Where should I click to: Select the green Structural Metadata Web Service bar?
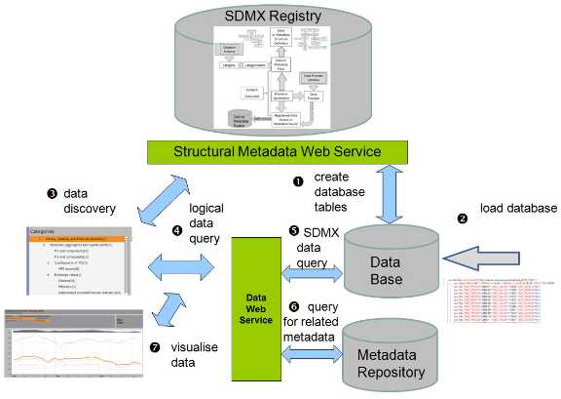pyautogui.click(x=277, y=152)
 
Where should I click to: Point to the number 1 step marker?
pyautogui.click(x=299, y=178)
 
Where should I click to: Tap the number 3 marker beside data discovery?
pyautogui.click(x=51, y=192)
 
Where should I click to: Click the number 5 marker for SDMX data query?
pyautogui.click(x=293, y=231)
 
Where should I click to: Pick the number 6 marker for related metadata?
pyautogui.click(x=293, y=305)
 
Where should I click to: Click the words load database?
pyautogui.click(x=517, y=208)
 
